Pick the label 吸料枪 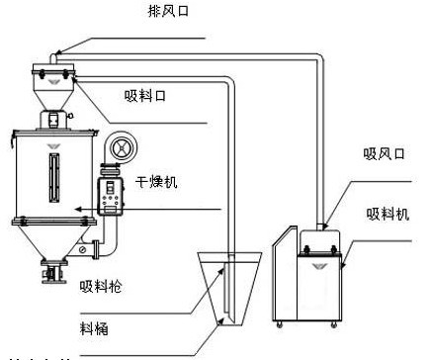pos(100,288)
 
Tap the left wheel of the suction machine pos(280,322)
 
